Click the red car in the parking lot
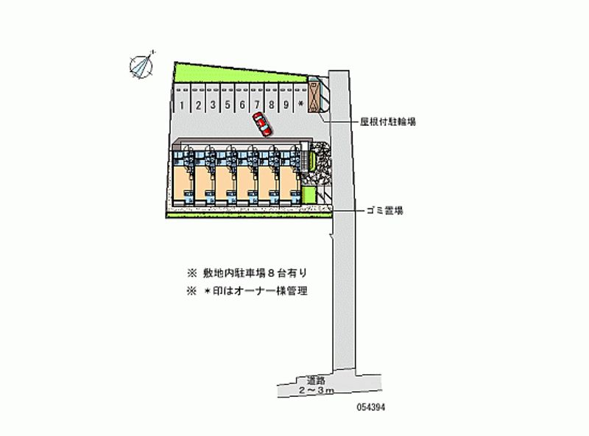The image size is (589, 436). click(x=261, y=124)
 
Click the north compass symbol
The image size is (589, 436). click(x=141, y=65)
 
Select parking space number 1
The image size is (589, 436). click(x=181, y=105)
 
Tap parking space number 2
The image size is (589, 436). click(x=198, y=105)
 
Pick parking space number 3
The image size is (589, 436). click(x=213, y=105)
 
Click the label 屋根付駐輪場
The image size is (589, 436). click(x=388, y=121)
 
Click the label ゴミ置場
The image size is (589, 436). click(x=384, y=211)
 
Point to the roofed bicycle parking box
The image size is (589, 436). click(x=315, y=96)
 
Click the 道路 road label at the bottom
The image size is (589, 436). click(x=316, y=381)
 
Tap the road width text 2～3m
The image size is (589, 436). click(x=316, y=390)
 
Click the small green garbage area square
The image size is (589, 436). click(x=308, y=194)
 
